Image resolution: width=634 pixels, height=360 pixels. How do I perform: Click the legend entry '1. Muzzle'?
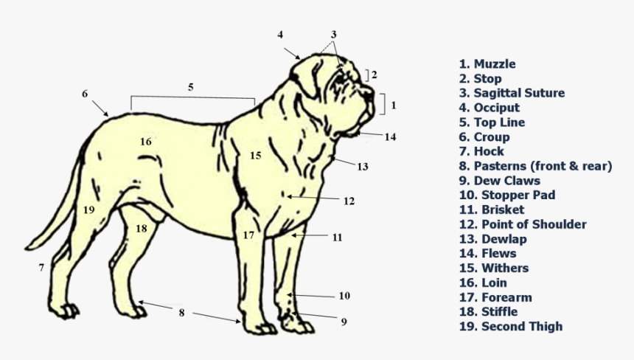pyautogui.click(x=487, y=64)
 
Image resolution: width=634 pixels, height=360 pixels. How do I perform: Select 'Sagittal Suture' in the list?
pyautogui.click(x=512, y=93)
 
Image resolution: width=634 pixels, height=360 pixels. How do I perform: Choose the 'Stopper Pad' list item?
pyautogui.click(x=506, y=195)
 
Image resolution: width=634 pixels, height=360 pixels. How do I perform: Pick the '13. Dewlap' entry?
pyautogui.click(x=492, y=239)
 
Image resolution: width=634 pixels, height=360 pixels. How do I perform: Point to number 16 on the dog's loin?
pyautogui.click(x=145, y=141)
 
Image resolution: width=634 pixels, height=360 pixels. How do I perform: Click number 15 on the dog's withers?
pyautogui.click(x=255, y=156)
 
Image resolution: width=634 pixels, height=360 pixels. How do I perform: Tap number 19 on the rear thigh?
pyautogui.click(x=88, y=210)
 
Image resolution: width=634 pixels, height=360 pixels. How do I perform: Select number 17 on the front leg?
pyautogui.click(x=248, y=235)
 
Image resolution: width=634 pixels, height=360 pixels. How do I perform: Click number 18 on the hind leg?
pyautogui.click(x=141, y=229)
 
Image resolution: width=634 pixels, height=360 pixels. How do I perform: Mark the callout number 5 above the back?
pyautogui.click(x=190, y=87)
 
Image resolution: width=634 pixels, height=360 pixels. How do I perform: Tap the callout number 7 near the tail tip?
pyautogui.click(x=41, y=267)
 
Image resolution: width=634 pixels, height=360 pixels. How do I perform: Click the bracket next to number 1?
pyautogui.click(x=382, y=104)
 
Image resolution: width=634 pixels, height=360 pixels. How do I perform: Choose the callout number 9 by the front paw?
pyautogui.click(x=344, y=321)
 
